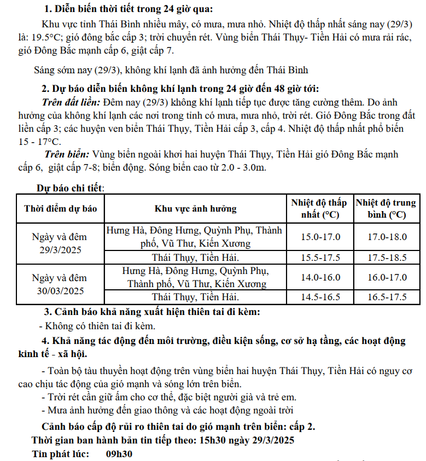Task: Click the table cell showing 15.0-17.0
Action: click(320, 237)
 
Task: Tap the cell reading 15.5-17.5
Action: click(320, 257)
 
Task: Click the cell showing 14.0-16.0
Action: click(320, 277)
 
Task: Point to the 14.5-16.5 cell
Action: click(320, 297)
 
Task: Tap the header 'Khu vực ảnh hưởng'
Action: click(196, 208)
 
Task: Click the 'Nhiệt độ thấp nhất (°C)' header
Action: click(320, 208)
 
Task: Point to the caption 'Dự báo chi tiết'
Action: click(70, 188)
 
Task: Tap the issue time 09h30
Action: click(119, 454)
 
